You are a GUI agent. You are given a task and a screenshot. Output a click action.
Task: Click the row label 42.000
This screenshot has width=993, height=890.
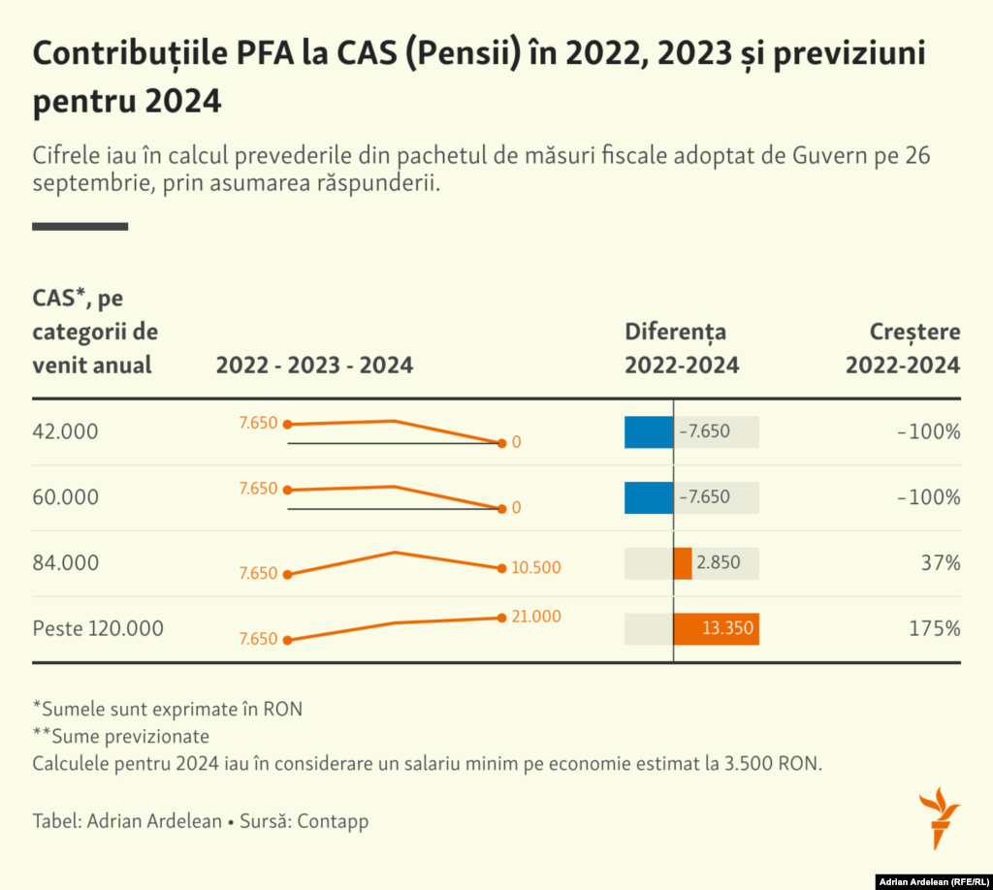pos(65,431)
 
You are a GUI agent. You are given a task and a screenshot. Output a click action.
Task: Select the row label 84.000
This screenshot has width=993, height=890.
pos(65,563)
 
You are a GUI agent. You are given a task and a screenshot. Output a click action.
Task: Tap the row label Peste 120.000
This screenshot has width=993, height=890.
pos(98,628)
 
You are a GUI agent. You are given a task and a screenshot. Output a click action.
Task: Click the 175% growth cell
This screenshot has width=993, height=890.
pos(934,628)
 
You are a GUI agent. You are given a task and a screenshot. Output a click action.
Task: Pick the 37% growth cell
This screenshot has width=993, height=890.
pos(941,563)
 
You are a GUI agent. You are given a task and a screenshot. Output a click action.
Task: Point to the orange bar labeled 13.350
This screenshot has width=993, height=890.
pos(716,628)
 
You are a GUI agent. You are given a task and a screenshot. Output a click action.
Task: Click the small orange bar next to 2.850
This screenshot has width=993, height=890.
pos(683,563)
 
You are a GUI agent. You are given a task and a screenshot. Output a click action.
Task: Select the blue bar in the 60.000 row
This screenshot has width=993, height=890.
pos(649,497)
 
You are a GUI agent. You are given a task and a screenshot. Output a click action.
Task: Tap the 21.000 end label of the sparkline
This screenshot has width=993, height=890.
pos(536,617)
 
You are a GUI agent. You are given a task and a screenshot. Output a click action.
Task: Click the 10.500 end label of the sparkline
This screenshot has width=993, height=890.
pos(536,568)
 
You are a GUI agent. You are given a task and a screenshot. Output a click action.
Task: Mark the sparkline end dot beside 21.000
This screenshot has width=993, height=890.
pos(501,618)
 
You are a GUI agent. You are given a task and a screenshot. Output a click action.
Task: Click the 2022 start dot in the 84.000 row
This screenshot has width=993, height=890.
pos(287,574)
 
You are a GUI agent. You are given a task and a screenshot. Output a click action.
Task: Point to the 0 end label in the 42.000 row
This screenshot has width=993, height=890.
pos(517,442)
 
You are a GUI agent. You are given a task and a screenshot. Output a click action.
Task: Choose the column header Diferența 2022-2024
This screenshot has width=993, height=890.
pos(681,348)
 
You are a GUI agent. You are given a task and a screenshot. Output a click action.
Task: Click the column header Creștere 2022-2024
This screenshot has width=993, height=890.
pos(903,348)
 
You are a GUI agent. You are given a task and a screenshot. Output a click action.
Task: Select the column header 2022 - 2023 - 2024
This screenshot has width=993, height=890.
pos(314,366)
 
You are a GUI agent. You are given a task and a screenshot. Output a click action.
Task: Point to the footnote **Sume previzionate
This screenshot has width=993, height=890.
pos(121,736)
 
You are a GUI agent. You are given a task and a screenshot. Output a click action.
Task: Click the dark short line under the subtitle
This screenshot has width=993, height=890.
pos(80,227)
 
